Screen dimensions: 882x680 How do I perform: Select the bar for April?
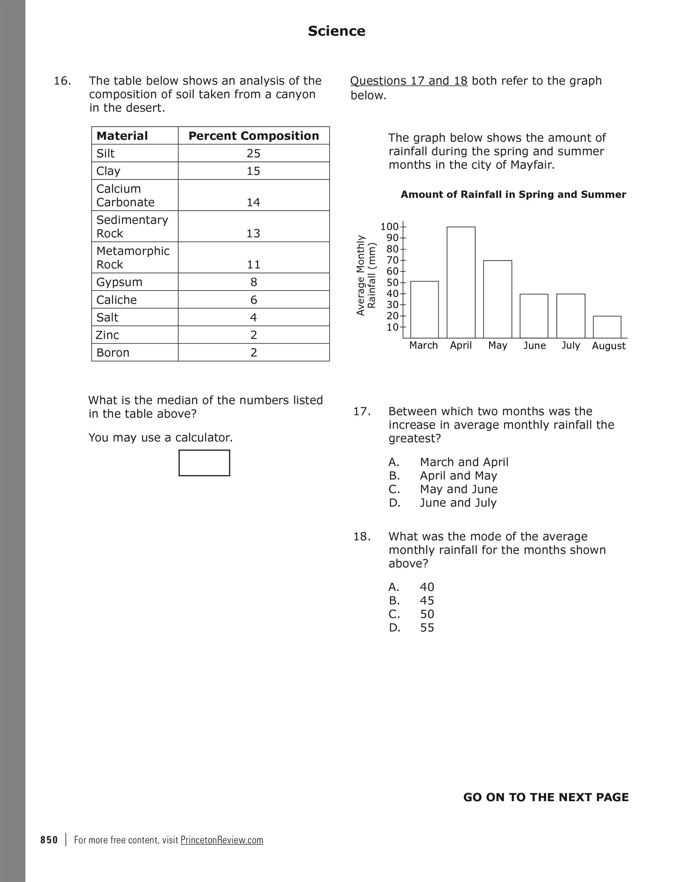[x=461, y=282]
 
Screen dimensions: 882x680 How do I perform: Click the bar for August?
[x=607, y=327]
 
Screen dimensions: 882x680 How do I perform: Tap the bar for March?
[x=424, y=309]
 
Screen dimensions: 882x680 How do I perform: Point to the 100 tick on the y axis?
[x=389, y=226]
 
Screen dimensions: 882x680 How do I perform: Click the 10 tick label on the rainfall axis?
[x=392, y=327]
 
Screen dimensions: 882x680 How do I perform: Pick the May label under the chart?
[x=498, y=346]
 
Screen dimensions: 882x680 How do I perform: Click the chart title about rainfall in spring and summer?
[x=513, y=195]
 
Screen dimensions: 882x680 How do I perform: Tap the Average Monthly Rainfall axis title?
[x=366, y=275]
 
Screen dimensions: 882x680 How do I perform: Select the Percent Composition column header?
[x=254, y=136]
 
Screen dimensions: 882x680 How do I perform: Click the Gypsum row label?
[x=119, y=282]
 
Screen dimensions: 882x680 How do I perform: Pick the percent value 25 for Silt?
[x=253, y=154]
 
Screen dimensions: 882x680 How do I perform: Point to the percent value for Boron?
[x=254, y=353]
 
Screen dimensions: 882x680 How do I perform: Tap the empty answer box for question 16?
[x=204, y=463]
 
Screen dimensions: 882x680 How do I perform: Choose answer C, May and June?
[x=459, y=489]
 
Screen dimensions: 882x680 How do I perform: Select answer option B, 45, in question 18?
[x=427, y=601]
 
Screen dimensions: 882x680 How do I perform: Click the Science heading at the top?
[x=337, y=31]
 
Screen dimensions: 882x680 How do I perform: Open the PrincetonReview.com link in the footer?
[x=222, y=840]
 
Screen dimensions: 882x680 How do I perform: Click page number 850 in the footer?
[x=49, y=840]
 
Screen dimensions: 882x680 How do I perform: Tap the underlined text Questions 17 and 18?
[x=409, y=81]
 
